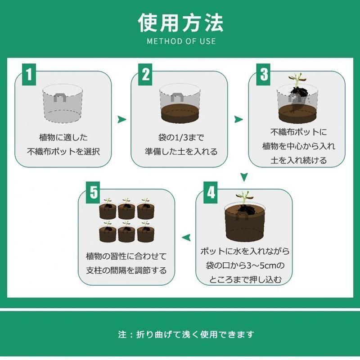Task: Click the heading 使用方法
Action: (x=181, y=22)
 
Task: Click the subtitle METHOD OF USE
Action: (x=181, y=41)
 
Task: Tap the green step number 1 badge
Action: (x=29, y=74)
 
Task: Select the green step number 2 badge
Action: (x=145, y=74)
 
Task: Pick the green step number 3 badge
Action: (x=263, y=74)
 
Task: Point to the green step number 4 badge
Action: (x=211, y=193)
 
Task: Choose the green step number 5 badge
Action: (x=93, y=193)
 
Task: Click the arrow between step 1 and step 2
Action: (x=121, y=119)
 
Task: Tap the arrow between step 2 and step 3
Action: (x=238, y=119)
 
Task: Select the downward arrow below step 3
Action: (x=244, y=177)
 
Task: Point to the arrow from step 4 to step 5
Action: (x=186, y=238)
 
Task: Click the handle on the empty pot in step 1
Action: (x=60, y=97)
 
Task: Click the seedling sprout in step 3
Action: (x=297, y=80)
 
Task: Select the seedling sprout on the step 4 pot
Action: (x=244, y=197)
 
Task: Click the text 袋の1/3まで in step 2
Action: (x=181, y=138)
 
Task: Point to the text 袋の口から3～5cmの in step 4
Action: (x=245, y=265)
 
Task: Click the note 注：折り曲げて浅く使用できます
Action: (x=186, y=334)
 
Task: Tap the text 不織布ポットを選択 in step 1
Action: (x=63, y=152)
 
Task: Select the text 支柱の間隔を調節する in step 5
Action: (x=126, y=270)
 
